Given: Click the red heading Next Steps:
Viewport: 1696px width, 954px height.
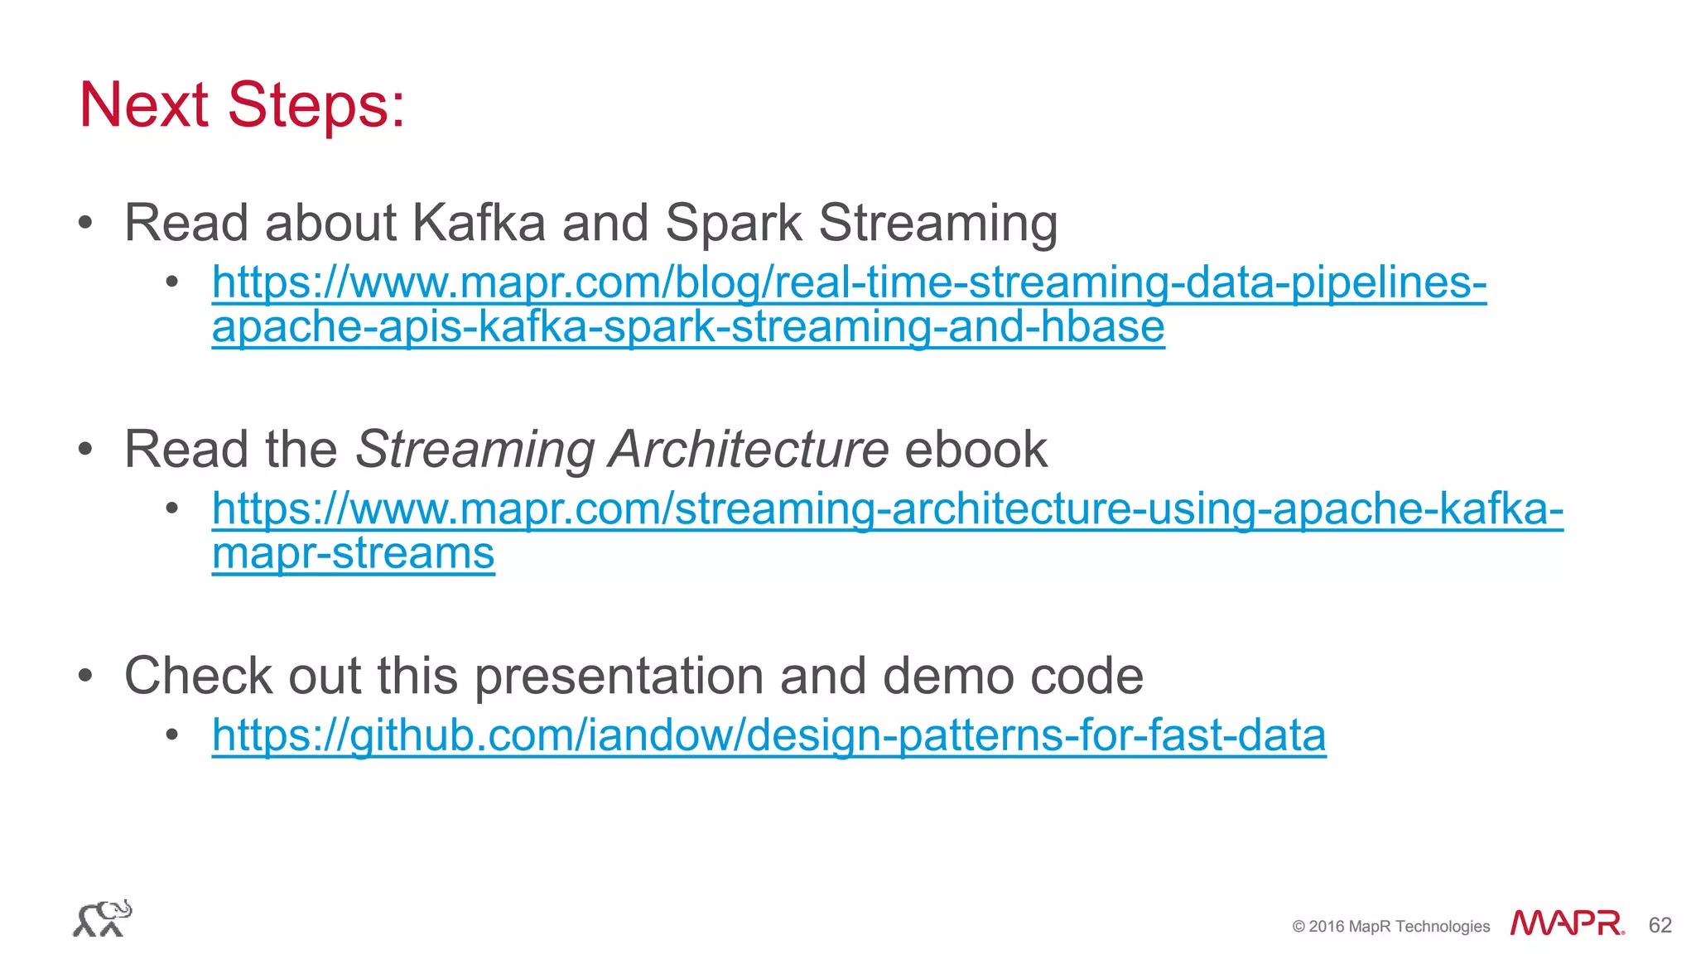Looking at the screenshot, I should pyautogui.click(x=242, y=105).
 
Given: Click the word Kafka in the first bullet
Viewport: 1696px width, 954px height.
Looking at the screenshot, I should pyautogui.click(x=479, y=223).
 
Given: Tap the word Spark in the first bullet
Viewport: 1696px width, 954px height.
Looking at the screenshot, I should pyautogui.click(x=733, y=223).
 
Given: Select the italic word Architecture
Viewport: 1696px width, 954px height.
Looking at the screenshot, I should pyautogui.click(x=748, y=449).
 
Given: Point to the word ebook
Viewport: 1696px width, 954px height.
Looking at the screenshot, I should pyautogui.click(x=976, y=449).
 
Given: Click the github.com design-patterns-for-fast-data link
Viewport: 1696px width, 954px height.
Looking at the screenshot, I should pyautogui.click(x=768, y=735).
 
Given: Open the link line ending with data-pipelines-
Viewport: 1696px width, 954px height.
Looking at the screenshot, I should pyautogui.click(x=849, y=282).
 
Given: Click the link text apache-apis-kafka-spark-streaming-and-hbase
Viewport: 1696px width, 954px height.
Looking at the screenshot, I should pyautogui.click(x=687, y=326).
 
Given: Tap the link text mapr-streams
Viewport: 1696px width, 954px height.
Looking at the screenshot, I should pyautogui.click(x=353, y=553).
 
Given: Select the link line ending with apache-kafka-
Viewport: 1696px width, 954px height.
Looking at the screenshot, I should pyautogui.click(x=887, y=508).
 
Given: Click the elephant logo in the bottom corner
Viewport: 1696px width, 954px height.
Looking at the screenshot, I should pyautogui.click(x=103, y=918).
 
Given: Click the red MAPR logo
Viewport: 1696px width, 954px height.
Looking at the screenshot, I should pyautogui.click(x=1567, y=923).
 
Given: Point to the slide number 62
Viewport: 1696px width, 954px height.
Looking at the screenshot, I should pyautogui.click(x=1660, y=925).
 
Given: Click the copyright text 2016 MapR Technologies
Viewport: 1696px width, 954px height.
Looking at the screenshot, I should pyautogui.click(x=1391, y=926).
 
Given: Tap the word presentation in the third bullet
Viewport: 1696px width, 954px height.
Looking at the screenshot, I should pyautogui.click(x=619, y=676).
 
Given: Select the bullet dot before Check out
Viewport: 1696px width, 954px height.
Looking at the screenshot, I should pyautogui.click(x=85, y=676).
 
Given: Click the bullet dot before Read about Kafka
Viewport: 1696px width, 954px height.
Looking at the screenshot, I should pyautogui.click(x=85, y=222).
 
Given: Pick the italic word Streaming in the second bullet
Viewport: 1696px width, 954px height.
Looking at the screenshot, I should pyautogui.click(x=475, y=449).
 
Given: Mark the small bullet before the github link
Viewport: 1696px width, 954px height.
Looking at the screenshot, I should pyautogui.click(x=172, y=735).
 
